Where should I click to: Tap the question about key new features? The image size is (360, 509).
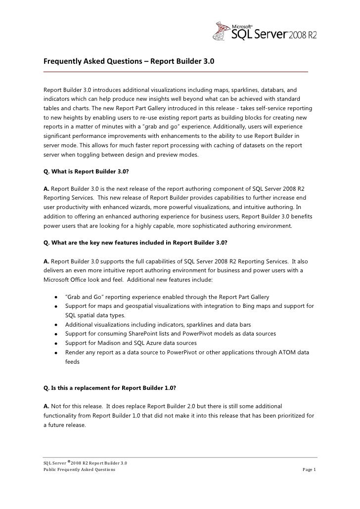(135, 243)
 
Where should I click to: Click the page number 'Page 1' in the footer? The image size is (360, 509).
(309, 469)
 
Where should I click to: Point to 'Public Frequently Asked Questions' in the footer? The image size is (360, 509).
(79, 469)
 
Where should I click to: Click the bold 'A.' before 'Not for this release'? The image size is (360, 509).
(46, 406)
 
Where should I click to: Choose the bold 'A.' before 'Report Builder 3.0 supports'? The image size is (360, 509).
(46, 261)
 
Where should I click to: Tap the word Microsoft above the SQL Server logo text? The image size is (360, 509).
(242, 24)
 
